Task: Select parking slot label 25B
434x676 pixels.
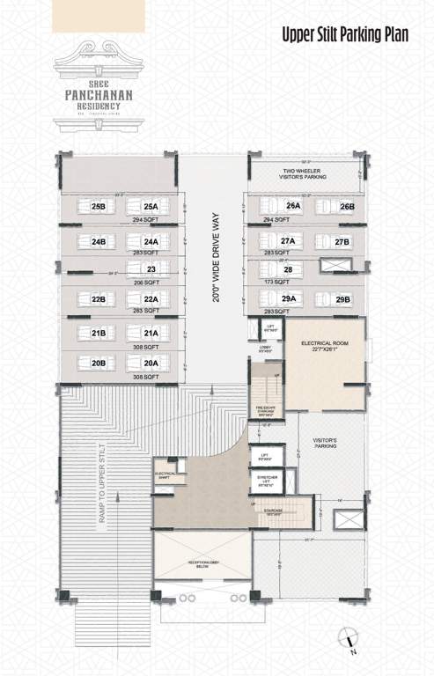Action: pos(99,207)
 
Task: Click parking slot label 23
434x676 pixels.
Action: pos(151,269)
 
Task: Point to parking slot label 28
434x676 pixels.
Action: pos(288,269)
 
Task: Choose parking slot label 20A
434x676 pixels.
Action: pos(151,362)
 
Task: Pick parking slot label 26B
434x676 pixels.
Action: pos(347,207)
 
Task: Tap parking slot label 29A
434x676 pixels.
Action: pos(288,299)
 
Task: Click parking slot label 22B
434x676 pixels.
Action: pos(99,299)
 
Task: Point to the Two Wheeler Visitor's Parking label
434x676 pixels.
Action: pos(305,173)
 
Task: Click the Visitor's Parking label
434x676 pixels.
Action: pos(327,443)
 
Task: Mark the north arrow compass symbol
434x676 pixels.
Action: pos(350,643)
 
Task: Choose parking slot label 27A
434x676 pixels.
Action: pos(288,240)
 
